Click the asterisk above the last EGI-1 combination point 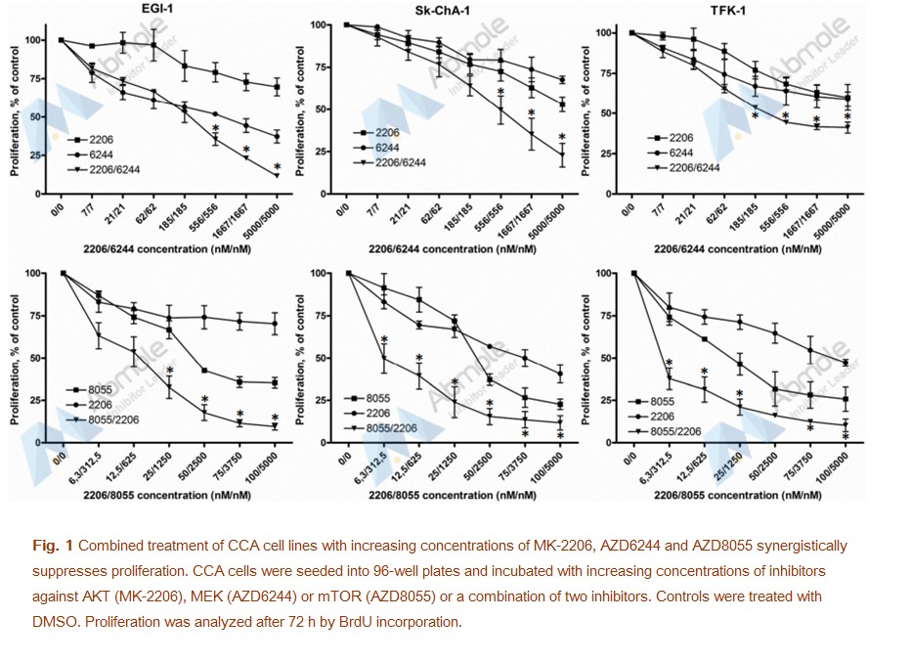point(277,166)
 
